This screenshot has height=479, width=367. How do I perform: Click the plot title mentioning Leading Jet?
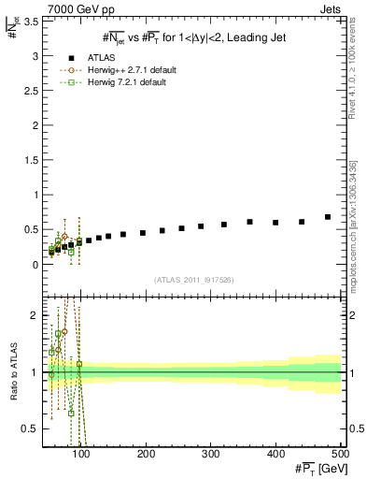[x=193, y=37]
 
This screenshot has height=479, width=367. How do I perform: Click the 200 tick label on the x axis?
[x=146, y=456]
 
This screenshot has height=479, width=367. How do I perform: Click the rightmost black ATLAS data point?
[x=328, y=217]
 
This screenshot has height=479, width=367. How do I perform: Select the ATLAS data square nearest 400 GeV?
[x=275, y=223]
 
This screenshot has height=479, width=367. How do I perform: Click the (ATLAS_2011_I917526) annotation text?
[x=194, y=281]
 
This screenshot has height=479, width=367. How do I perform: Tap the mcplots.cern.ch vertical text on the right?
[x=352, y=224]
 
